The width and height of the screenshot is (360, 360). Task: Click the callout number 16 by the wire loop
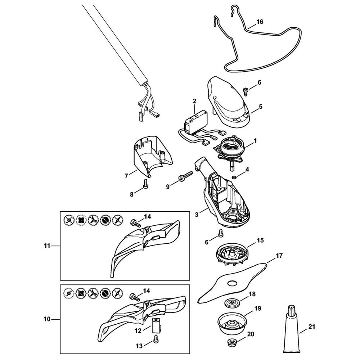pos(260,22)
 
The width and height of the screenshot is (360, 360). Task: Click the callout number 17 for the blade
pos(279,256)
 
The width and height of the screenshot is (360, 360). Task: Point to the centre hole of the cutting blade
pos(231,284)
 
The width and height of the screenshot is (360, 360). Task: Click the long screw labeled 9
pos(186,176)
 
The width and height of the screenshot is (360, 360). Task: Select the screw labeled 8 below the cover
pos(145,184)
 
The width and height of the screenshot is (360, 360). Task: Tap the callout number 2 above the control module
pos(194,101)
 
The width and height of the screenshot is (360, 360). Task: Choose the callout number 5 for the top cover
pos(261,107)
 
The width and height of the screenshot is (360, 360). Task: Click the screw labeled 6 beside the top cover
pos(245,91)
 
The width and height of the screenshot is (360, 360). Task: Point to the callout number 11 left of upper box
pos(47,246)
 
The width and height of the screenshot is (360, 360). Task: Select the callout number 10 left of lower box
pos(47,319)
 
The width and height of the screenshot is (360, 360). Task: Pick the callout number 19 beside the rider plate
pos(258,309)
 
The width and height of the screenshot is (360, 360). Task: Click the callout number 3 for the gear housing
pos(197,215)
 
